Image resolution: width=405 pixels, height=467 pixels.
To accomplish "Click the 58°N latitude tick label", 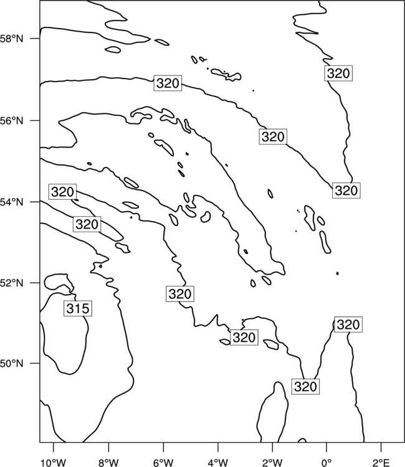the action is (12, 39).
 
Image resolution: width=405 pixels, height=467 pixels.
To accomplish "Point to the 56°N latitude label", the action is (12, 121).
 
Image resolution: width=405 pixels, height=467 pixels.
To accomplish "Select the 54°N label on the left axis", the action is (12, 202).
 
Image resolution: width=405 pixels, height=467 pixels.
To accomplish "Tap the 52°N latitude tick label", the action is (12, 283).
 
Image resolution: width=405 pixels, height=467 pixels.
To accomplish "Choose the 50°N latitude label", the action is (12, 364).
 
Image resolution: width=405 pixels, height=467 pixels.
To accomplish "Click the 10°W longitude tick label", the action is (54, 463).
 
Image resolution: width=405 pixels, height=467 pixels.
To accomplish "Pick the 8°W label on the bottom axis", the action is (108, 463).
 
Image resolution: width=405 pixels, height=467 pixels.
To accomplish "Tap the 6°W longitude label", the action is (163, 463).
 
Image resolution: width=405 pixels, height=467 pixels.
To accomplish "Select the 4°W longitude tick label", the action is (218, 463).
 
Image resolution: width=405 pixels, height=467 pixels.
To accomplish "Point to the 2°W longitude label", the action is (272, 463).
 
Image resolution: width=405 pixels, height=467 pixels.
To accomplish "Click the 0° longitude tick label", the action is (327, 463).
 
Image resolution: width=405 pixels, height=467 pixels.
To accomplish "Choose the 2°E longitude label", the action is (381, 463).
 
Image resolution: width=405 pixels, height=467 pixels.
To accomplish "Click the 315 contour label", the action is (78, 308).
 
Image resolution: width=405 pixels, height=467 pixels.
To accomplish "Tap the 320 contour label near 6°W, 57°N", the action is (168, 83).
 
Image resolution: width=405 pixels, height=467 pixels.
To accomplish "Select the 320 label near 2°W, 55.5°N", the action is (273, 137).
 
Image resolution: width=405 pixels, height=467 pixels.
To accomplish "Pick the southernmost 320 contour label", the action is (305, 387).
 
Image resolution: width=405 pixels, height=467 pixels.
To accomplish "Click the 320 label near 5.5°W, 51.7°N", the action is (180, 294).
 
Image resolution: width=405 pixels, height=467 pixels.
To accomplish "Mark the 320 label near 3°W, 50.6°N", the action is (244, 337).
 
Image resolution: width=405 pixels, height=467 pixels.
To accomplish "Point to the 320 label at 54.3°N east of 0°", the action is (346, 191).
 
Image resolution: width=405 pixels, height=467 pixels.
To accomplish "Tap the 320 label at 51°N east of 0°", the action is (348, 324).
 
